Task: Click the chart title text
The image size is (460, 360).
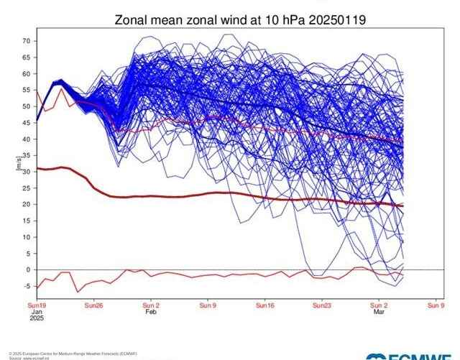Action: pyautogui.click(x=240, y=20)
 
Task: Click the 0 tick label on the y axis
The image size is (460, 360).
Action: pyautogui.click(x=28, y=269)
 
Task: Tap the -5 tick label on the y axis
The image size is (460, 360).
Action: pyautogui.click(x=27, y=286)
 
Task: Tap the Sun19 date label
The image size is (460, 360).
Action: pyautogui.click(x=37, y=305)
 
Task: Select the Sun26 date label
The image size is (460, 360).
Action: pyautogui.click(x=93, y=305)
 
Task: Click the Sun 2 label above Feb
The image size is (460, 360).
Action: pyautogui.click(x=151, y=305)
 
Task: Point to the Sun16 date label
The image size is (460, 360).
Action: pyautogui.click(x=264, y=305)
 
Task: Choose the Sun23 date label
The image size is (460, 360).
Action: pyautogui.click(x=321, y=305)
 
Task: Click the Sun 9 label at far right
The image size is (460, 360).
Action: pyautogui.click(x=436, y=305)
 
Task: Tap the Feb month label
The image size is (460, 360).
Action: pyautogui.click(x=151, y=313)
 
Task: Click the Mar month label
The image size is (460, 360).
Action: pyautogui.click(x=379, y=313)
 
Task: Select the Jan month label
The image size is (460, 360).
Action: pyautogui.click(x=36, y=312)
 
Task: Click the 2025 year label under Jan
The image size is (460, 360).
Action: pyautogui.click(x=37, y=319)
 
